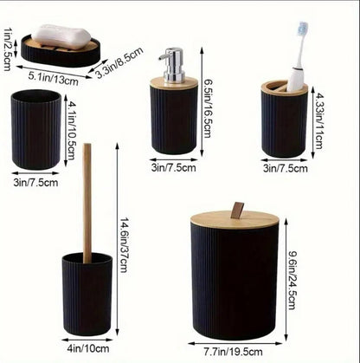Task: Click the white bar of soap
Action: pos(61,36)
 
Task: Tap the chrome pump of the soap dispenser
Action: pos(172,65)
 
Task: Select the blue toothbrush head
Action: pos(303,29)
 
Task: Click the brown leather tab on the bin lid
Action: pos(237,210)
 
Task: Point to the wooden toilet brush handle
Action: pos(87,203)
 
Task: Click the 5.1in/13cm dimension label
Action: pos(54,78)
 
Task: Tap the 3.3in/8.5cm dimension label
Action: pos(119,62)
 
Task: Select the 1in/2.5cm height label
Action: pos(7,49)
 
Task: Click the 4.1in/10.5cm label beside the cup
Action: pos(70,127)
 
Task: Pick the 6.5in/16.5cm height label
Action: pos(207,108)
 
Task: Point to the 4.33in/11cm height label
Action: pos(318,120)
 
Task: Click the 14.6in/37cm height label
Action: pos(124,245)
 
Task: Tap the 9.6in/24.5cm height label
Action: pos(292,280)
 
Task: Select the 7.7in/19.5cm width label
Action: pos(233,352)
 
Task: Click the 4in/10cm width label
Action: pos(88,348)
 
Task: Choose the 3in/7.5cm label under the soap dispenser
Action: pos(174,168)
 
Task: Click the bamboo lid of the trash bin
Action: pos(235,220)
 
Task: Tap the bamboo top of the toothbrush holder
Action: pos(285,88)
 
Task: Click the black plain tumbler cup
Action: pos(36,129)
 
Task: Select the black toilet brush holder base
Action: pos(87,294)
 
